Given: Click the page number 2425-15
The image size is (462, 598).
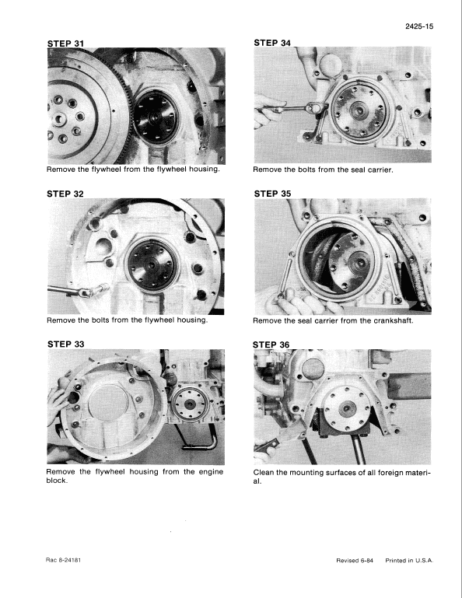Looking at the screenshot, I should click(x=420, y=27).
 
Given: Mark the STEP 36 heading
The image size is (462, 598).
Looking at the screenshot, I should click(x=272, y=344).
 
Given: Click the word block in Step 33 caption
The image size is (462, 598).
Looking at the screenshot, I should click(x=58, y=481).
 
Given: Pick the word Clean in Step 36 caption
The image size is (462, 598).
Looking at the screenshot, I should click(x=266, y=471).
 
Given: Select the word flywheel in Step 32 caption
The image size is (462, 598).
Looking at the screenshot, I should click(x=148, y=320).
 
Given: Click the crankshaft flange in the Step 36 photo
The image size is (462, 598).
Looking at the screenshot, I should click(x=343, y=403).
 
